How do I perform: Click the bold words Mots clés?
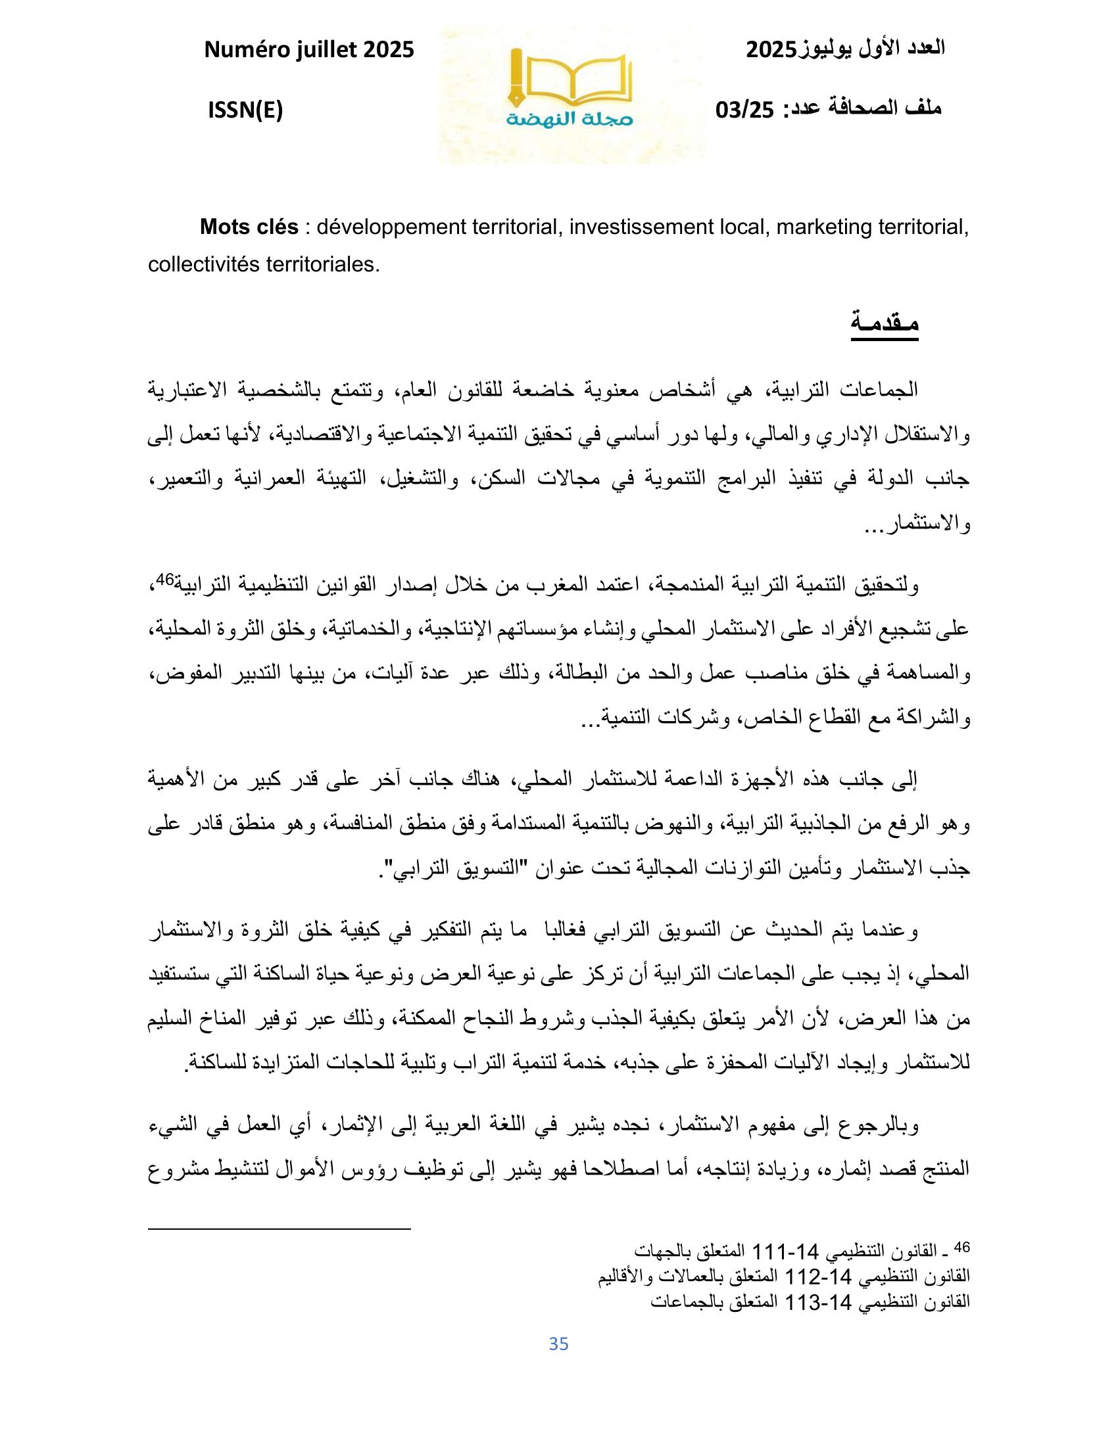(x=249, y=227)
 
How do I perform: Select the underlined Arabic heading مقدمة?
(x=884, y=324)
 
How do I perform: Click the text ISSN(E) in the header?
(x=245, y=111)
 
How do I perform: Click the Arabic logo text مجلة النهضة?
(x=571, y=120)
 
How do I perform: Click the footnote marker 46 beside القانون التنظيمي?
(x=962, y=1247)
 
